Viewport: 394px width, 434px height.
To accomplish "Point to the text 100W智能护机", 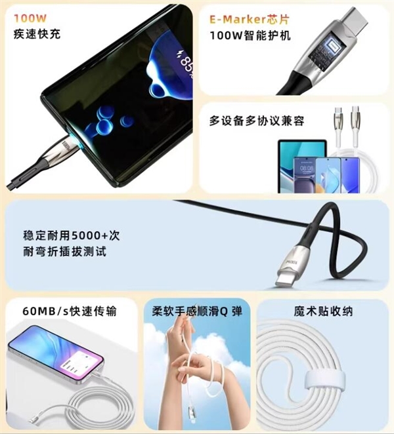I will click(x=250, y=35).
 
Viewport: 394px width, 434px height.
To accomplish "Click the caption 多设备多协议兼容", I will click(x=257, y=121).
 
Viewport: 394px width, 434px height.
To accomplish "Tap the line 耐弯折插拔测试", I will click(x=64, y=251).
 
